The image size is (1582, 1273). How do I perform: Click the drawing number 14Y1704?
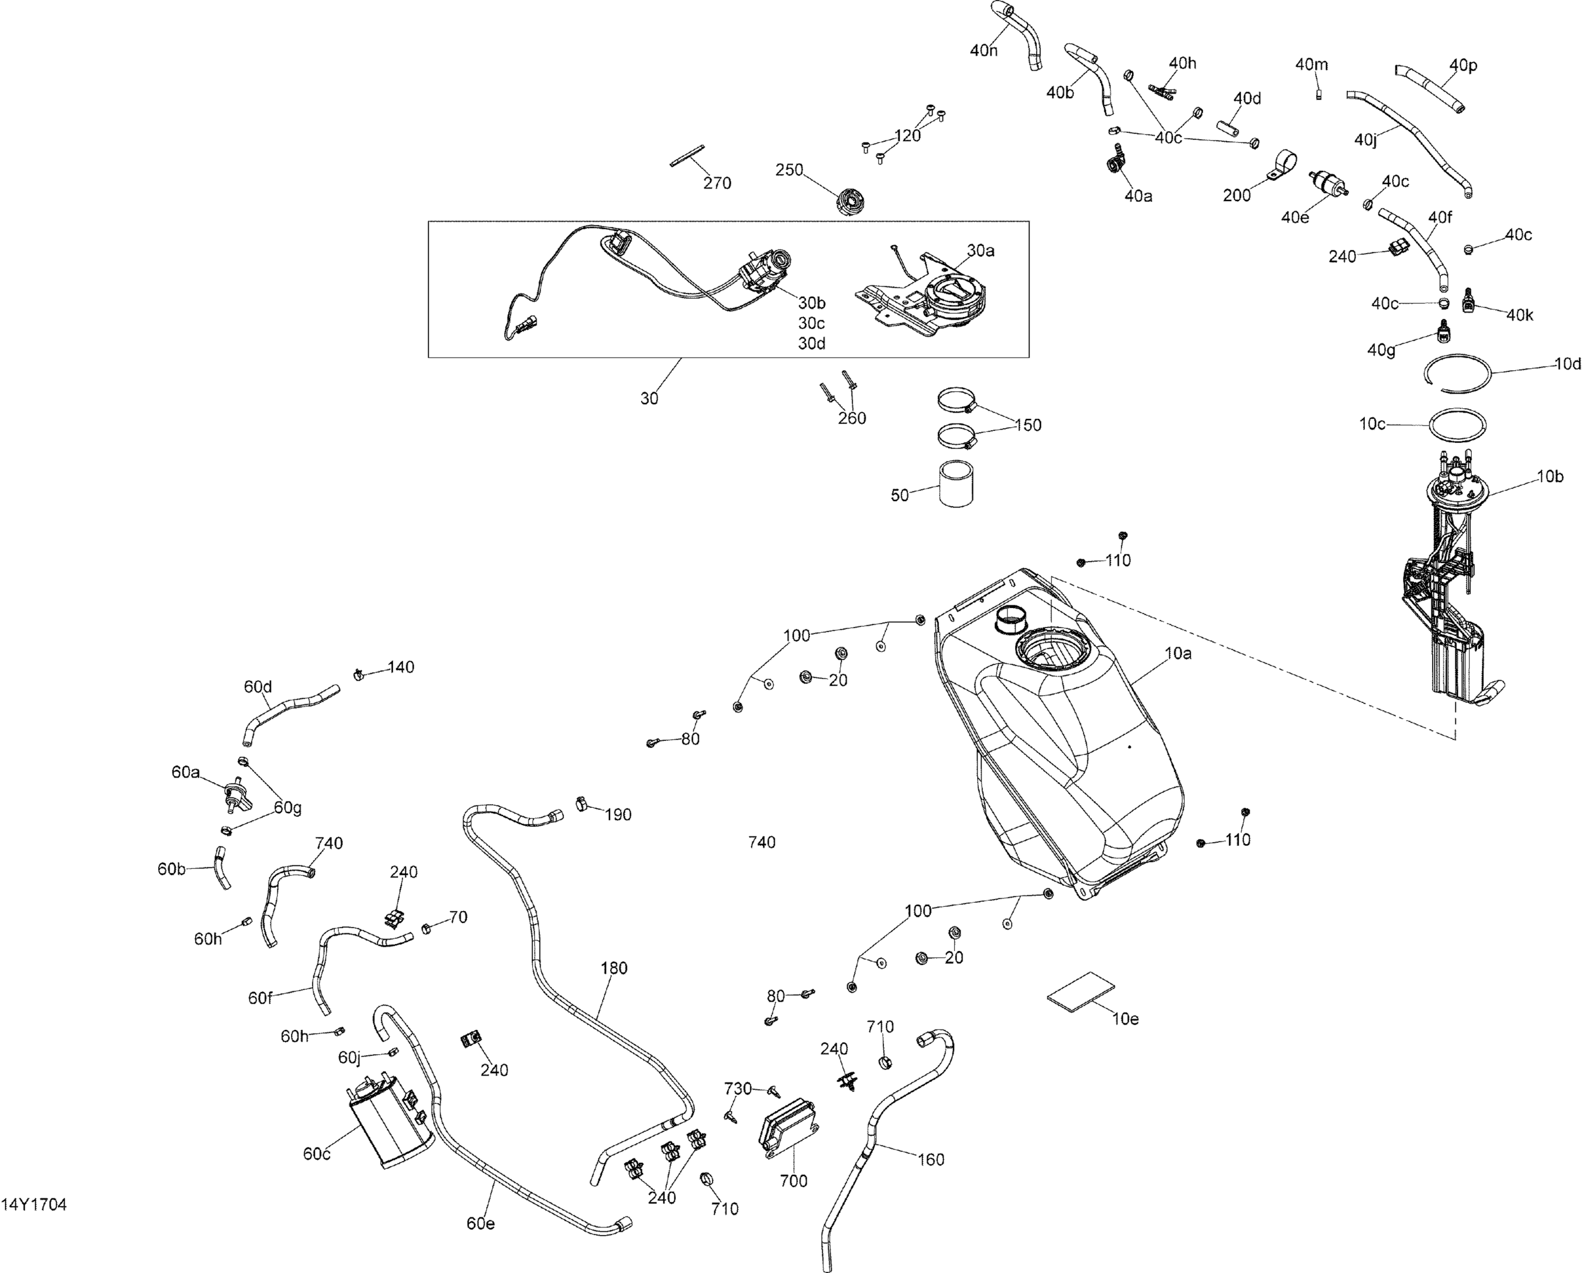34,1206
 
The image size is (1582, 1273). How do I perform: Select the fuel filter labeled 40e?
1327,184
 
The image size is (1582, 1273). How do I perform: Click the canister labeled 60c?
387,1126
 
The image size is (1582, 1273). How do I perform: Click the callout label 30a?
980,251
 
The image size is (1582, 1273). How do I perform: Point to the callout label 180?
613,969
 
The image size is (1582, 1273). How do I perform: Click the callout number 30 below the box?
649,399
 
